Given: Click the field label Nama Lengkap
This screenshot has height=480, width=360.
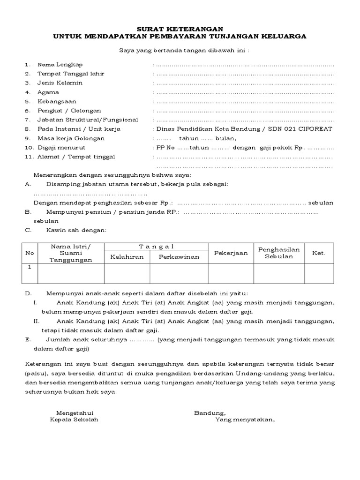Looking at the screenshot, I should click(x=60, y=65).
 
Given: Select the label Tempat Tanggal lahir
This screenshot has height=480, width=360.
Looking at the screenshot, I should click(x=71, y=74).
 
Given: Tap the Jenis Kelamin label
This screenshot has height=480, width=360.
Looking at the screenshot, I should click(x=60, y=83).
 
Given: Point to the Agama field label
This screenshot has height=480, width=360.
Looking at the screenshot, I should click(x=48, y=92).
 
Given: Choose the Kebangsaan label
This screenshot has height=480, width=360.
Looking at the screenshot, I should click(x=57, y=101).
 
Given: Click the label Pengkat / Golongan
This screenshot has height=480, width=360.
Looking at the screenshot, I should click(x=69, y=111).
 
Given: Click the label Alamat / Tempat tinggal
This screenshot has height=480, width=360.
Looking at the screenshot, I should click(x=76, y=157).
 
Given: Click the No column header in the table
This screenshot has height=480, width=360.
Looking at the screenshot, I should click(x=30, y=253).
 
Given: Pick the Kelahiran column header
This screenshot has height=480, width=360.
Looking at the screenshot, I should click(x=127, y=257).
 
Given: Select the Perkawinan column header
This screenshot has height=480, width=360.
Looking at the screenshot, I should click(x=179, y=257).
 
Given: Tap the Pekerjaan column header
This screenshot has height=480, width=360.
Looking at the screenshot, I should click(x=231, y=253).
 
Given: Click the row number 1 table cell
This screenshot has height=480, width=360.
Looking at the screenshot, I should click(x=30, y=267).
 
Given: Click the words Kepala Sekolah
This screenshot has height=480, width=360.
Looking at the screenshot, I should click(x=74, y=420).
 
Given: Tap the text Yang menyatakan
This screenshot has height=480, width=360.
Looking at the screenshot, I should click(x=245, y=420).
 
